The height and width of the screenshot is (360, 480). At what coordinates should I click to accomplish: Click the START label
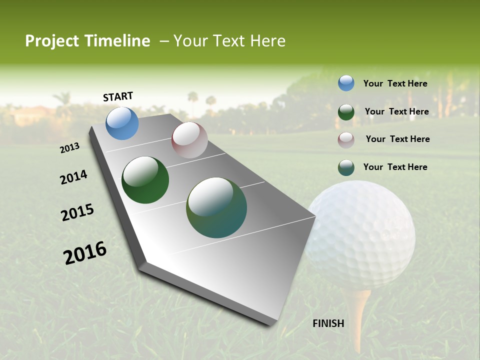click(118, 96)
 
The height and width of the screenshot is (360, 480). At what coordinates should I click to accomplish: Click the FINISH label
click(328, 323)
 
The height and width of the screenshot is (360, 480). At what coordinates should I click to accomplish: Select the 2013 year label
click(70, 148)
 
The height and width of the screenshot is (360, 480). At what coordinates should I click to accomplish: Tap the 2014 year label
click(73, 177)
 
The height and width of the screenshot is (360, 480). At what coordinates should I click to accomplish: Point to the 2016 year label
click(85, 253)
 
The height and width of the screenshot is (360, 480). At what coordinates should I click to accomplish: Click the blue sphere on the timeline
click(122, 123)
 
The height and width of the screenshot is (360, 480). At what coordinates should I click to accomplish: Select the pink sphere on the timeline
click(189, 140)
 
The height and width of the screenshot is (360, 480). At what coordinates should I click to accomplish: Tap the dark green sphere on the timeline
click(145, 180)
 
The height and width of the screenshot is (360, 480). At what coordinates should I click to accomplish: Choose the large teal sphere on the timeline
click(216, 207)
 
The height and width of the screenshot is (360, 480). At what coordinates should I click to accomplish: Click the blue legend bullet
click(346, 83)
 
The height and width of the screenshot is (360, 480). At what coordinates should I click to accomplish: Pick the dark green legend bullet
click(346, 112)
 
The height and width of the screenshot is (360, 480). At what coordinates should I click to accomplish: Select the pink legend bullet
click(346, 140)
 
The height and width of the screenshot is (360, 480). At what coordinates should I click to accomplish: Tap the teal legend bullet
click(346, 167)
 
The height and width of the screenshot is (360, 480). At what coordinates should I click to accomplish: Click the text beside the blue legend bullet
click(395, 83)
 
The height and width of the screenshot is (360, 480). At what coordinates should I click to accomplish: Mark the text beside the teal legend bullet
click(395, 167)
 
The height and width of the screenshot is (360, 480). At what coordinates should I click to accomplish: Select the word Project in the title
click(52, 41)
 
